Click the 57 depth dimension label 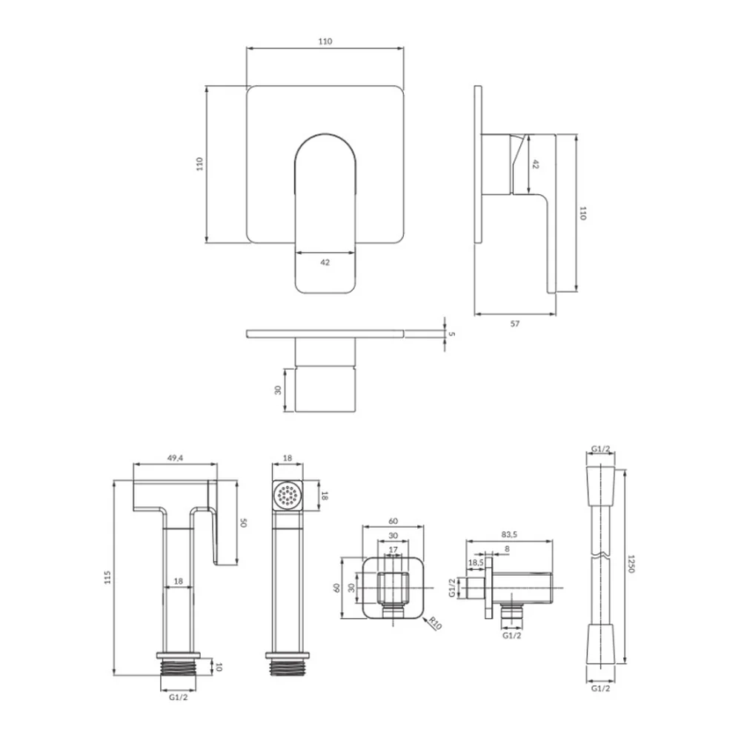click(515, 324)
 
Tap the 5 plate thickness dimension click(452, 333)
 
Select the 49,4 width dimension click(175, 457)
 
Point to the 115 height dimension click(107, 577)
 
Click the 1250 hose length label click(630, 564)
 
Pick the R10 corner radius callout click(436, 624)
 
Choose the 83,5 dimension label click(509, 534)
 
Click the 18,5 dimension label click(476, 563)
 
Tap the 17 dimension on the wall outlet click(393, 550)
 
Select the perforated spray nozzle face click(288, 496)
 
